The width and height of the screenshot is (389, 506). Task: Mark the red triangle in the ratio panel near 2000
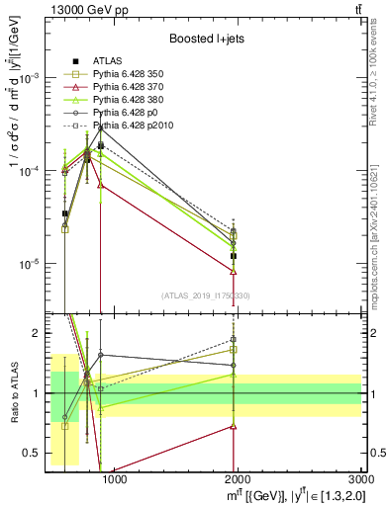(234, 426)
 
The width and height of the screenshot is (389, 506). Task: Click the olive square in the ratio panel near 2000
(234, 349)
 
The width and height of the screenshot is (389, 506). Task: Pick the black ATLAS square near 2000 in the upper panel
(234, 256)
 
